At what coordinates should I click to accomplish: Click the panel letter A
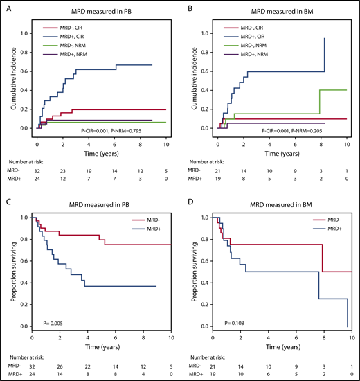pyautogui.click(x=8, y=7)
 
